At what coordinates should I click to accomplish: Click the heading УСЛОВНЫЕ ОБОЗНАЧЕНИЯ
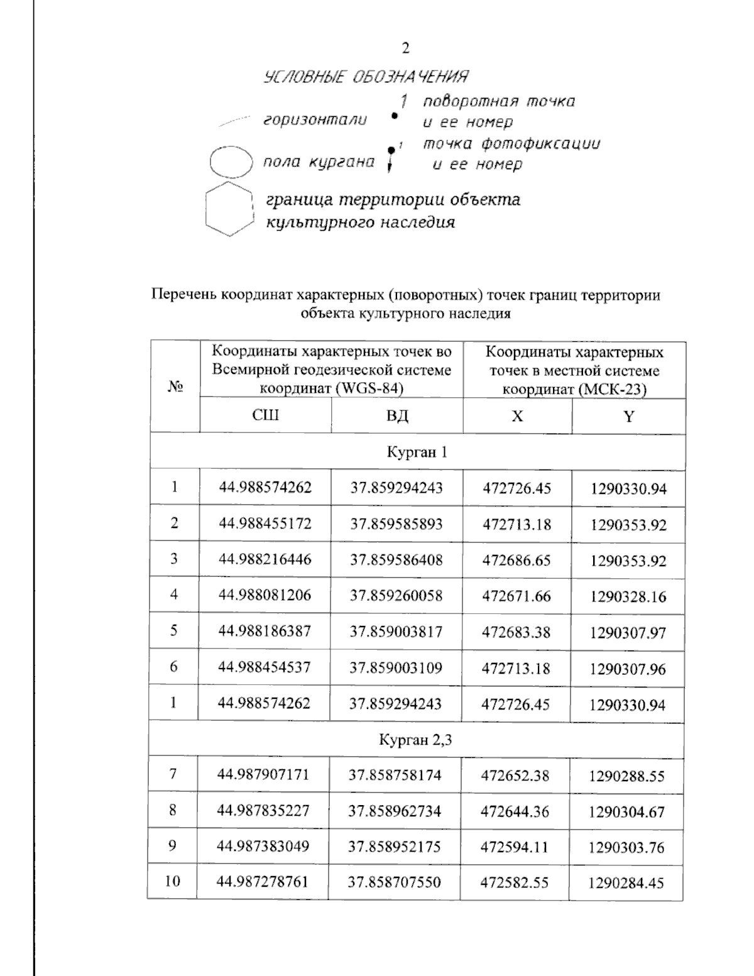tap(366, 77)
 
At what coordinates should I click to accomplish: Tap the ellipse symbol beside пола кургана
tap(231, 162)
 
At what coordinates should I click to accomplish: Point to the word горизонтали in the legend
tap(315, 119)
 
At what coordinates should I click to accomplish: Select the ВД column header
tap(396, 416)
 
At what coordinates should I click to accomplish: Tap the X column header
tap(516, 416)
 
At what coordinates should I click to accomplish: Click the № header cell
tap(175, 387)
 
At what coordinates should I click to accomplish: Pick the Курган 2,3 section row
tap(415, 740)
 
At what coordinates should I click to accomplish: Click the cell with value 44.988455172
tap(265, 524)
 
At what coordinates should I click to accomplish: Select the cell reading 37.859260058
tap(396, 595)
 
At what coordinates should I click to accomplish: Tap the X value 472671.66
tap(516, 596)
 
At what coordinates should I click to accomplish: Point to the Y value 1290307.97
tap(627, 632)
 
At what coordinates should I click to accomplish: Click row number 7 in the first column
tap(173, 774)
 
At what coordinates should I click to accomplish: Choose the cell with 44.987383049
tap(263, 847)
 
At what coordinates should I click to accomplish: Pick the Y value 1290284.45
tap(626, 883)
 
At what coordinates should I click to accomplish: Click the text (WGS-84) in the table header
tap(366, 388)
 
